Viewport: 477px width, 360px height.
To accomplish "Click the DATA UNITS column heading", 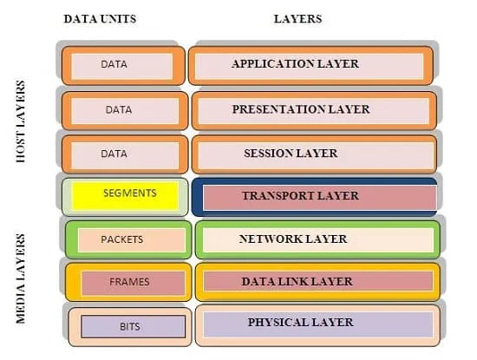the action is pyautogui.click(x=100, y=19).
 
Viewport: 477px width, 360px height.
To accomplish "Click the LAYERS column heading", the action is pyautogui.click(x=297, y=19).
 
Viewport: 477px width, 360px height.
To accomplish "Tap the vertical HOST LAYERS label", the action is pyautogui.click(x=21, y=121).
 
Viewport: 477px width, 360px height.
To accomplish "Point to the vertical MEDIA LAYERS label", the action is pyautogui.click(x=21, y=278).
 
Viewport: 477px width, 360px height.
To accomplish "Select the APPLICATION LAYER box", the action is pyautogui.click(x=310, y=65).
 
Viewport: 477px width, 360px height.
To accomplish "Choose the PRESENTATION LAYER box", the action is pyautogui.click(x=314, y=111).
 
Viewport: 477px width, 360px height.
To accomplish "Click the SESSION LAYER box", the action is pyautogui.click(x=314, y=154).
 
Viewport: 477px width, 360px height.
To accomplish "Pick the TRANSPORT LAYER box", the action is pyautogui.click(x=315, y=197).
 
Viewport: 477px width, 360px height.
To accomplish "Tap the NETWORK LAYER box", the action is pyautogui.click(x=317, y=239).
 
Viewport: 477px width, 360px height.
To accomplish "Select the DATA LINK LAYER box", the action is pyautogui.click(x=317, y=282).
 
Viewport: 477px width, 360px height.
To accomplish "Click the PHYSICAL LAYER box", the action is pyautogui.click(x=317, y=325).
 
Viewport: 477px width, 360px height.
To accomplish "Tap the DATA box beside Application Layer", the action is pyautogui.click(x=123, y=65).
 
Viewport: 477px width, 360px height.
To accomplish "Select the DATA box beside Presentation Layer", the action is pyautogui.click(x=125, y=111).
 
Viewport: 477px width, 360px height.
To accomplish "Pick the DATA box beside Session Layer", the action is pyautogui.click(x=125, y=154).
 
